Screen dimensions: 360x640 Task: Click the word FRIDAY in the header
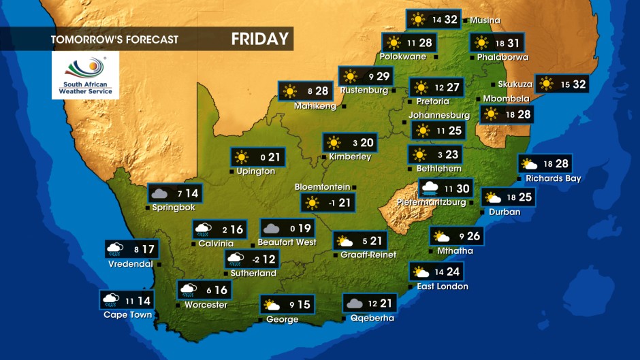click(x=260, y=39)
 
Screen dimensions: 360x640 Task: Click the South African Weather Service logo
click(x=85, y=76)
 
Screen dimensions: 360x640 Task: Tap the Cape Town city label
click(x=127, y=314)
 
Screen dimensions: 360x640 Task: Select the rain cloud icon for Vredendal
click(x=114, y=249)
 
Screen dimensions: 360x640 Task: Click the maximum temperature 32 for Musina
click(x=451, y=20)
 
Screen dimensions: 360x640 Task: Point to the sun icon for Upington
click(x=242, y=157)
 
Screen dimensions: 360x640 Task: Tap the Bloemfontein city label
click(x=322, y=186)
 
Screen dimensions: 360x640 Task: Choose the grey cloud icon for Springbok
click(x=159, y=194)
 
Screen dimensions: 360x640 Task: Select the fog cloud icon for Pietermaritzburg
click(x=430, y=188)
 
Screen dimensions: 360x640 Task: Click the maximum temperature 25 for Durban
click(x=524, y=197)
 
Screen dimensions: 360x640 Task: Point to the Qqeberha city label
click(x=371, y=318)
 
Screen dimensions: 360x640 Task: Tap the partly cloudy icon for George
click(x=272, y=305)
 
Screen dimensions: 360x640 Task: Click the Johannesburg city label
click(x=439, y=115)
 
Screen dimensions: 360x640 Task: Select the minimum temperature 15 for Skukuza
click(x=564, y=84)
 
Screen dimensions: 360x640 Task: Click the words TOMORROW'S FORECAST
click(x=114, y=39)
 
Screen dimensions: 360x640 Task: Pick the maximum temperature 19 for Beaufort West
click(x=304, y=229)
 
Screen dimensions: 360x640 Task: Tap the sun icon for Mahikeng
click(x=290, y=91)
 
